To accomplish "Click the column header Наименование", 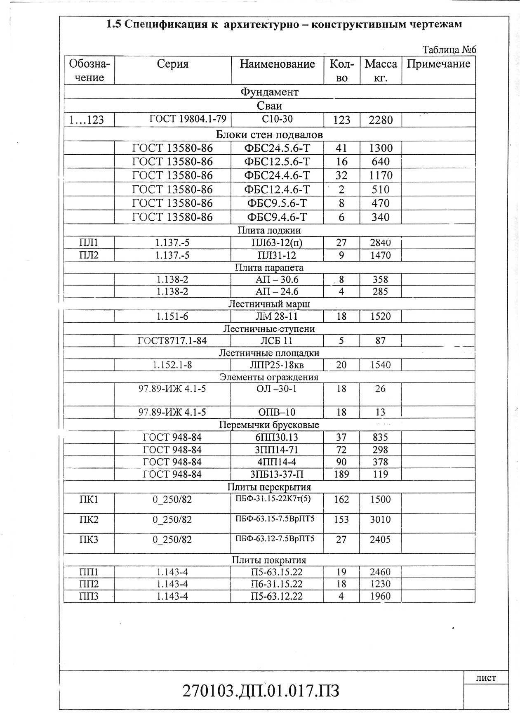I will click(277, 64).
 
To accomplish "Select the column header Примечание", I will click(438, 64).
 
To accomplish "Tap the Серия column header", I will click(172, 64).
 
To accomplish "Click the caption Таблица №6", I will click(449, 50).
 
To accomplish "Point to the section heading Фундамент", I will click(269, 92).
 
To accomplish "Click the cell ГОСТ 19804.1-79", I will click(188, 119).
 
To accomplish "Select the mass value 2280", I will click(381, 120).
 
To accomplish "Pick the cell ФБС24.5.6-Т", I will click(277, 148).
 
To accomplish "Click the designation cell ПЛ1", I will click(89, 243).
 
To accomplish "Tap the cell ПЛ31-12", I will click(277, 255).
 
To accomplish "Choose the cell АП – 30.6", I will click(277, 280).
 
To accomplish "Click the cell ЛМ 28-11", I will click(277, 316).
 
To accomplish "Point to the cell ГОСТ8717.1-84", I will click(172, 341).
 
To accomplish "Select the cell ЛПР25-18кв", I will click(277, 365).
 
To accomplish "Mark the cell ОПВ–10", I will click(277, 412).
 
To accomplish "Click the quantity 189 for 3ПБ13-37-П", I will click(341, 474).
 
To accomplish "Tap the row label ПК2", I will click(89, 520).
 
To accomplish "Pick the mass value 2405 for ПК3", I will click(380, 540).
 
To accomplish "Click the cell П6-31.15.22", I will click(277, 584).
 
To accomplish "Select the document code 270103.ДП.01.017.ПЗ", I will click(261, 690).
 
